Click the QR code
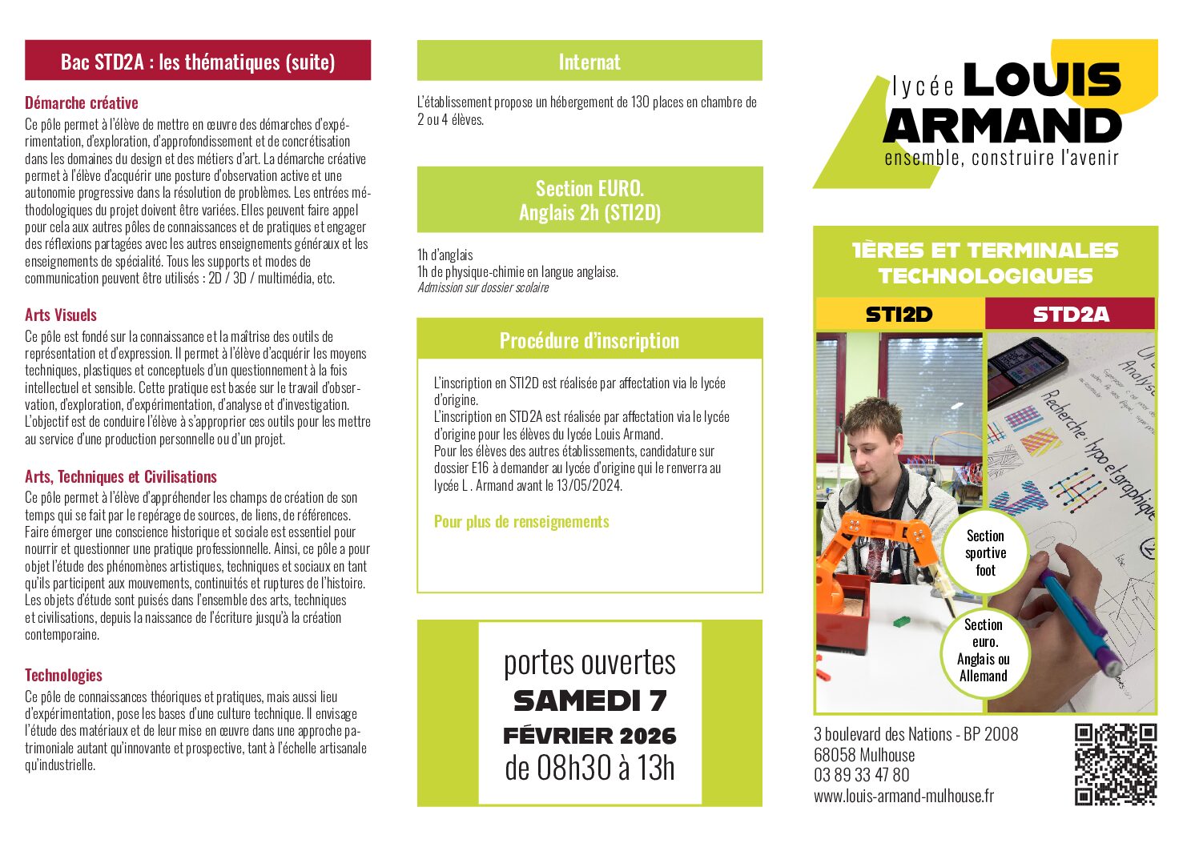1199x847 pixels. pyautogui.click(x=1115, y=765)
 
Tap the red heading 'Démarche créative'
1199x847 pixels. pyautogui.click(x=82, y=103)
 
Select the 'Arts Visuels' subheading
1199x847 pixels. pyautogui.click(x=61, y=315)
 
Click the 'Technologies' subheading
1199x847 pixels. pyautogui.click(x=63, y=675)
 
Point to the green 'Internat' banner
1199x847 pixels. pyautogui.click(x=589, y=62)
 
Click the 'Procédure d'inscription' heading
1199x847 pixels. pyautogui.click(x=589, y=340)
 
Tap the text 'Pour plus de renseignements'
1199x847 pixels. pyautogui.click(x=521, y=522)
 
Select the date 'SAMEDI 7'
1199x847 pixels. pyautogui.click(x=589, y=701)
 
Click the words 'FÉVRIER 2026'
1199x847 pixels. pyautogui.click(x=589, y=736)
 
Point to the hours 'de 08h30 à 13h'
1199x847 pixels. pyautogui.click(x=589, y=769)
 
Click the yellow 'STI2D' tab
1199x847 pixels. pyautogui.click(x=899, y=315)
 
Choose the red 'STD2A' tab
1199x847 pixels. pyautogui.click(x=1071, y=315)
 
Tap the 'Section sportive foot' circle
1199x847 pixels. pyautogui.click(x=985, y=553)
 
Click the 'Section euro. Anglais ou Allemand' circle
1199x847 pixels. pyautogui.click(x=984, y=650)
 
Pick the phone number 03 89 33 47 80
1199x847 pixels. pyautogui.click(x=861, y=775)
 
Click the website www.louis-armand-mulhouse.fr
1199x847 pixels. pyautogui.click(x=903, y=796)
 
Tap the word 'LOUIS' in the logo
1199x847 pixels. pyautogui.click(x=1041, y=81)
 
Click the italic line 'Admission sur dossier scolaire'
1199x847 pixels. pyautogui.click(x=483, y=288)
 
